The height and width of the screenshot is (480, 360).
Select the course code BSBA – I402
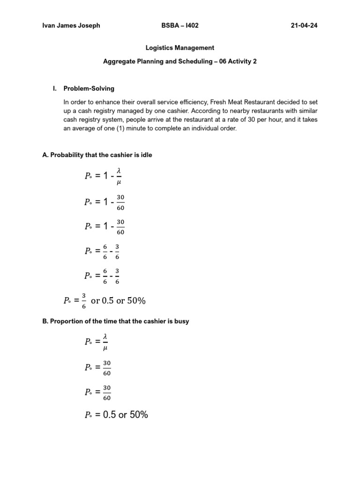[180, 26]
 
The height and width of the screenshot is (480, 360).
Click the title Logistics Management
[180, 48]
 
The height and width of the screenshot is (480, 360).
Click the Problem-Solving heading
[89, 88]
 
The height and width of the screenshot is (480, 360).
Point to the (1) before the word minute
[120, 128]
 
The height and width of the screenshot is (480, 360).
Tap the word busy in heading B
[181, 321]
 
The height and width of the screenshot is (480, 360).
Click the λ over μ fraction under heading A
[119, 176]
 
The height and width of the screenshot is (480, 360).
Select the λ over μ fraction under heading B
[105, 342]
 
